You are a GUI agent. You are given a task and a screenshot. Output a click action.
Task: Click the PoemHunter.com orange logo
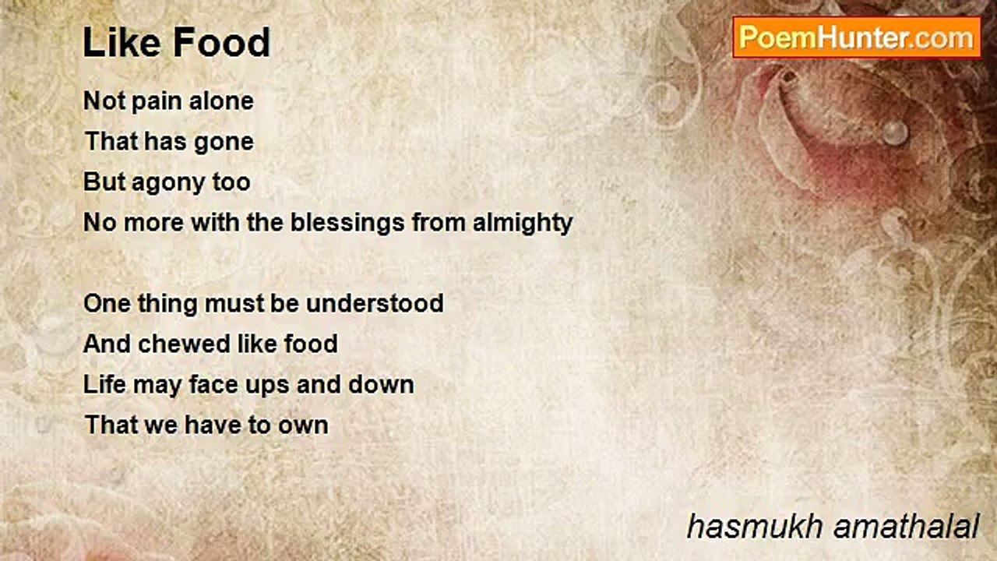pyautogui.click(x=857, y=37)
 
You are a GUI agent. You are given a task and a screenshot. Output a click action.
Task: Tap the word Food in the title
pyautogui.click(x=222, y=42)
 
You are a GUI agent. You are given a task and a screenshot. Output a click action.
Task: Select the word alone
pyautogui.click(x=221, y=101)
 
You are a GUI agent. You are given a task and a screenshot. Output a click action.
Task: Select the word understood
pyautogui.click(x=375, y=303)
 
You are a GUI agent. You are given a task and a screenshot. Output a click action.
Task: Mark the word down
pyautogui.click(x=381, y=384)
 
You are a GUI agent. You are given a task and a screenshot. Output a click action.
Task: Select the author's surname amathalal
pyautogui.click(x=906, y=527)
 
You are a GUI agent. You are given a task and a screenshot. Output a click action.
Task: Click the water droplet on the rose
pyautogui.click(x=895, y=132)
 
